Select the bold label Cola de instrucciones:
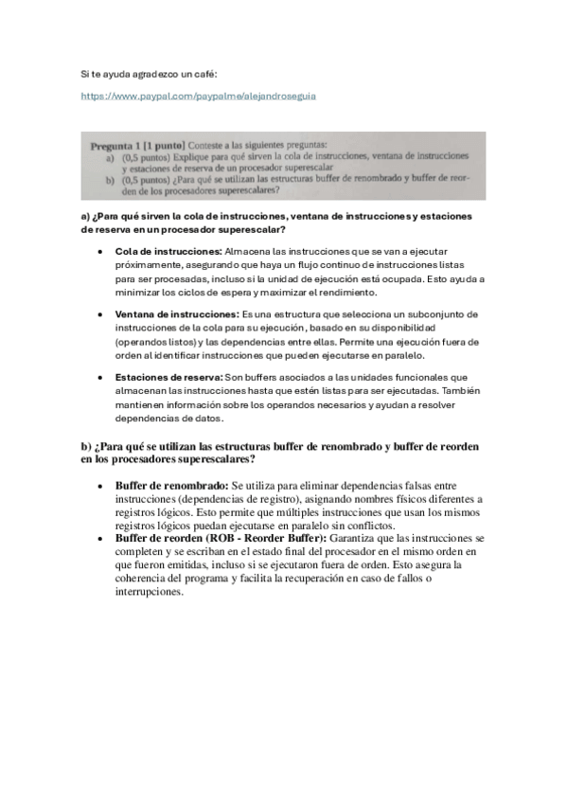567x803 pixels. (168, 251)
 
